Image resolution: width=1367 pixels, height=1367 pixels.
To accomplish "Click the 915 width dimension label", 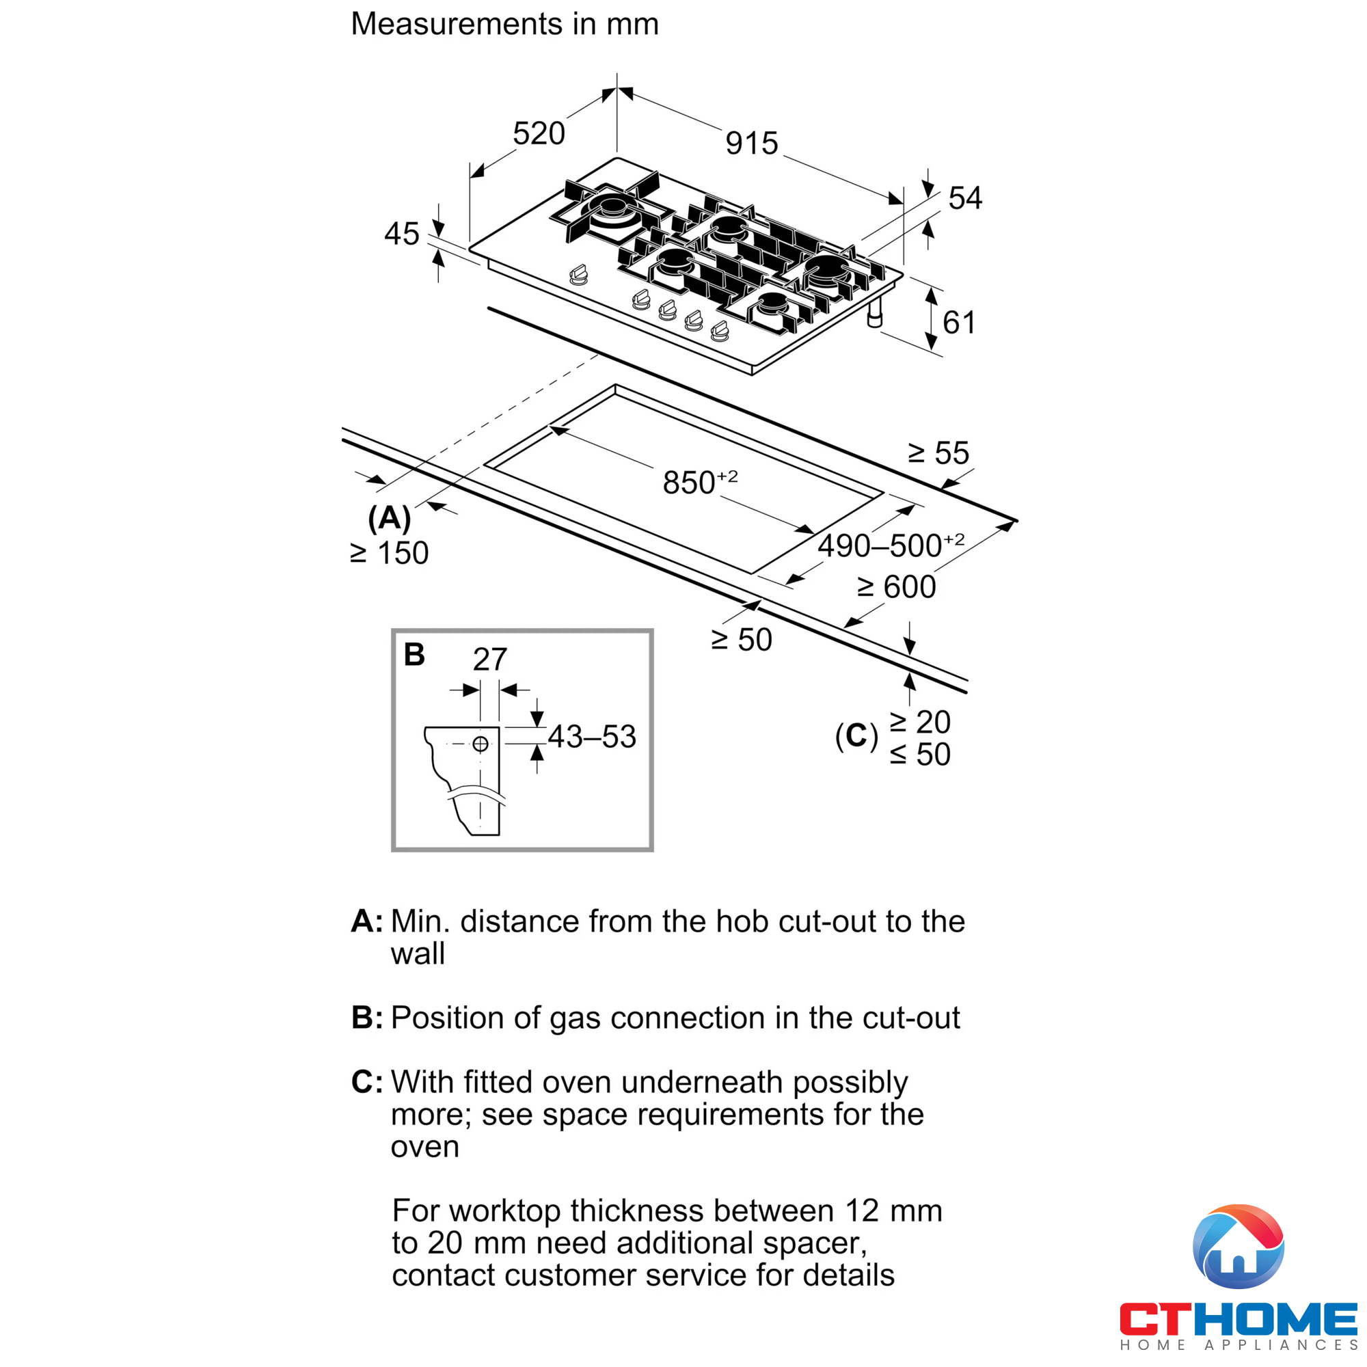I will [751, 144].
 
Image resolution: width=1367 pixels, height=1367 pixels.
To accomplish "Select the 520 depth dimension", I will [539, 134].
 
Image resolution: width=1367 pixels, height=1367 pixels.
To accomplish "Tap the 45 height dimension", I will [401, 234].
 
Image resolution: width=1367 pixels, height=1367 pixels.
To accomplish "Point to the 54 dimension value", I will [964, 198].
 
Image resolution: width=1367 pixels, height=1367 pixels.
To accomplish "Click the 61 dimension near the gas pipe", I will [959, 323].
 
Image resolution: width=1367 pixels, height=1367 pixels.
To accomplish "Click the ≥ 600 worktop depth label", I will [896, 586].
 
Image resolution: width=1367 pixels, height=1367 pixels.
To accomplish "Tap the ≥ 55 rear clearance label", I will [938, 453].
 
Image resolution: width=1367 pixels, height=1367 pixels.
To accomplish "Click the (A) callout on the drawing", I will [389, 518].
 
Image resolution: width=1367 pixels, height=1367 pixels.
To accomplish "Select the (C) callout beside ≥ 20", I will [856, 736].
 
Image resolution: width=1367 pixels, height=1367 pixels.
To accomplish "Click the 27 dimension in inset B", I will [489, 660].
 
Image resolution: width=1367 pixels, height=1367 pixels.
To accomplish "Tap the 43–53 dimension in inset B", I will [591, 737].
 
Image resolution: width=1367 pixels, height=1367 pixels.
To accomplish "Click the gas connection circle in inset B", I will [481, 744].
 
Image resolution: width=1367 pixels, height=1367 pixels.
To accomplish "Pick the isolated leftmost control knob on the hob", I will [579, 275].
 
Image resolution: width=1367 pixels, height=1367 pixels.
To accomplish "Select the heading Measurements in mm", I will [504, 24].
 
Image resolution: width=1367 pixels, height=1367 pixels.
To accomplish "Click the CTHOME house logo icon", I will [1239, 1247].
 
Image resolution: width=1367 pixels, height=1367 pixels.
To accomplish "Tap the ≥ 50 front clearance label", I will [742, 640].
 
